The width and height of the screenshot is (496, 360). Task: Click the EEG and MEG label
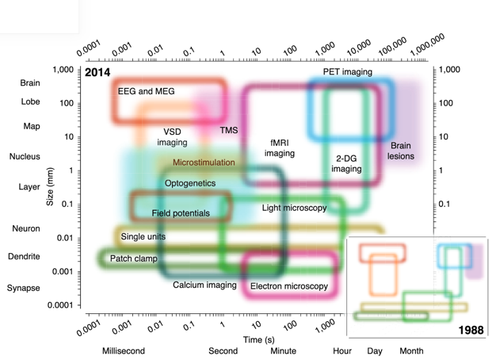click(147, 91)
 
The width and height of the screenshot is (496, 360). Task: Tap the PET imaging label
click(347, 72)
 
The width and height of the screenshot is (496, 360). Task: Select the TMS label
click(229, 130)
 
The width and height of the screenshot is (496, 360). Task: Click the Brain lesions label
click(401, 151)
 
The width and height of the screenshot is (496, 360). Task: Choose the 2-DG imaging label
click(345, 163)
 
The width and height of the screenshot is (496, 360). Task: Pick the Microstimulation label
click(204, 163)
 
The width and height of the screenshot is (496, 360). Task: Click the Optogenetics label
click(190, 183)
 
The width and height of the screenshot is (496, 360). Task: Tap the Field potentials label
click(181, 213)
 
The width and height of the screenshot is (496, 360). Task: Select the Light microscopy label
click(294, 208)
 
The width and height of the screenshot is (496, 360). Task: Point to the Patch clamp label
click(133, 259)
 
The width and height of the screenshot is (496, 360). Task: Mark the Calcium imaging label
click(204, 284)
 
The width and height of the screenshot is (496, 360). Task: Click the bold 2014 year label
click(97, 73)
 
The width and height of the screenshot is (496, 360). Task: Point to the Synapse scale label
click(24, 288)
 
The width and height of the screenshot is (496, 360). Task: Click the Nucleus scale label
click(25, 157)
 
